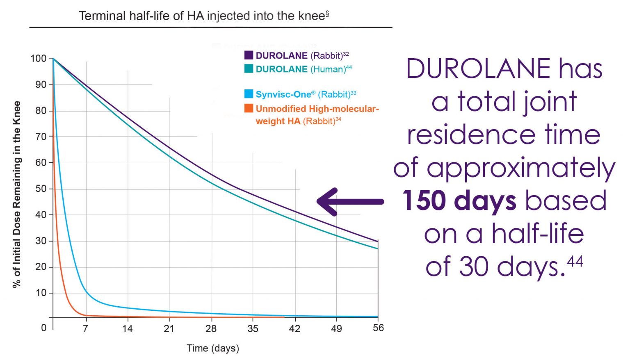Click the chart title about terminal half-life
(203, 16)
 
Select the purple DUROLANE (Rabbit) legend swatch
(249, 55)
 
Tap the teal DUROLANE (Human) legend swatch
(249, 69)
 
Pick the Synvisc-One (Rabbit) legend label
(306, 94)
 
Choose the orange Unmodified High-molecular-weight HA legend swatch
(249, 108)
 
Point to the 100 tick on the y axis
(39, 58)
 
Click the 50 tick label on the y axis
(41, 189)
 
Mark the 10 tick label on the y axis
(41, 293)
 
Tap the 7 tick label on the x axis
(85, 328)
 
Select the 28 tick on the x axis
(211, 328)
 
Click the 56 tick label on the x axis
(378, 328)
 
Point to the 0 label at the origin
(44, 328)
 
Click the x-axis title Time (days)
(212, 349)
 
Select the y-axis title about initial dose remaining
(17, 194)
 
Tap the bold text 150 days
(459, 201)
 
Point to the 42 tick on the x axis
(294, 328)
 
